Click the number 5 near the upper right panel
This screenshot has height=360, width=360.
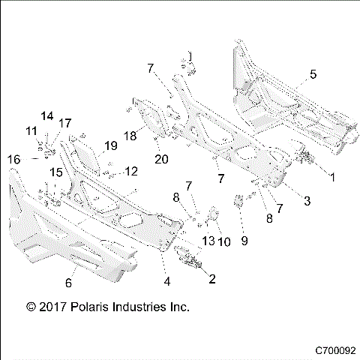pyautogui.click(x=313, y=74)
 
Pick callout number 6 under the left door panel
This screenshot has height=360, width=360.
pyautogui.click(x=69, y=283)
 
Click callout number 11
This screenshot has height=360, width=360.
pyautogui.click(x=31, y=130)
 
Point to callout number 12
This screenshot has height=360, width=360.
pyautogui.click(x=130, y=172)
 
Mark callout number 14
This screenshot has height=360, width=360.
pyautogui.click(x=47, y=115)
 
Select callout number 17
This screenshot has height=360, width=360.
pyautogui.click(x=65, y=123)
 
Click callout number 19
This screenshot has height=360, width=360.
pyautogui.click(x=110, y=145)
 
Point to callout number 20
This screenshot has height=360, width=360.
pyautogui.click(x=160, y=158)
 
